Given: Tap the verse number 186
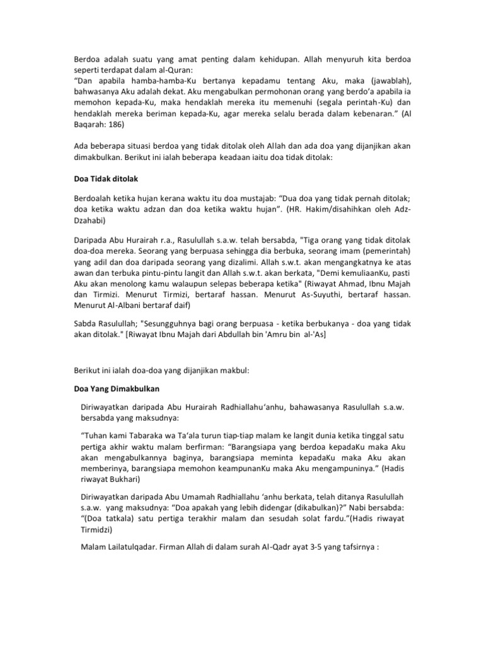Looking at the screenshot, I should [x=117, y=125].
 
